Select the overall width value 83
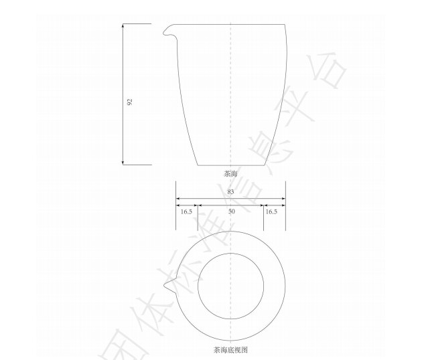230,192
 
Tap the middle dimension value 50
230,211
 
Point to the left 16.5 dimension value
186,211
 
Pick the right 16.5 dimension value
271,211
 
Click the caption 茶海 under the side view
230,173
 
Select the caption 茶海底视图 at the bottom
230,349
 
